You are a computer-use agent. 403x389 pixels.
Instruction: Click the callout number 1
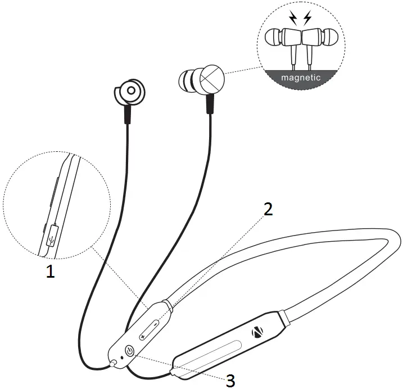(x=51, y=273)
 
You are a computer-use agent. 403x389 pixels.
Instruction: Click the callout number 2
(x=268, y=209)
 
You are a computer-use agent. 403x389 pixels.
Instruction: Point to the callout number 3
(x=230, y=381)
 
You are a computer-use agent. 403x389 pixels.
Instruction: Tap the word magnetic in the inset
(x=302, y=78)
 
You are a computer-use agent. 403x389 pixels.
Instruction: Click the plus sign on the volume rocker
(x=143, y=336)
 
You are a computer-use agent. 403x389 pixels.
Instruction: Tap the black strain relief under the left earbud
(x=128, y=115)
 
